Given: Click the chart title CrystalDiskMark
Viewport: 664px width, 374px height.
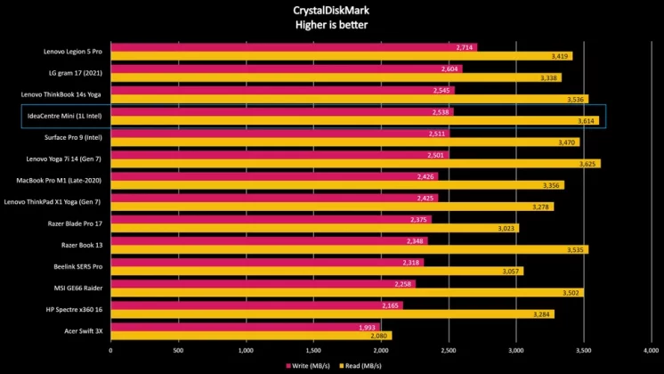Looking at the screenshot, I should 331,11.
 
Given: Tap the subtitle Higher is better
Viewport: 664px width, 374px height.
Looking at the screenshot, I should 331,25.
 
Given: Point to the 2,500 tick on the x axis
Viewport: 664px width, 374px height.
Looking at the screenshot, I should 448,351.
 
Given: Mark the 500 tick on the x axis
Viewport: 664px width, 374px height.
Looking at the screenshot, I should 178,351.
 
